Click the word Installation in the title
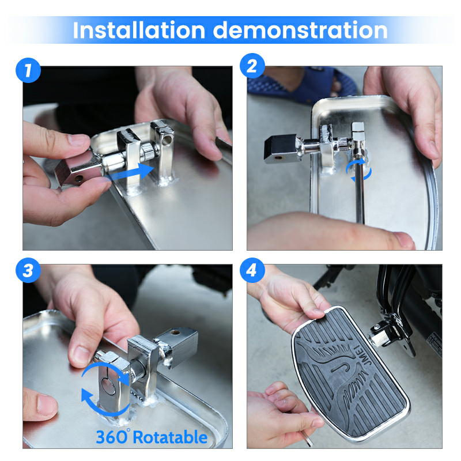pos(138,30)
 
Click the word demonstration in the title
pos(300,30)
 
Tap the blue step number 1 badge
pos(28,70)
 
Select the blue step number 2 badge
pos(252,66)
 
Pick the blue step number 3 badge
pos(28,270)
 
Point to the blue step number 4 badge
pos(252,270)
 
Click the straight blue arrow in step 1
pos(129,173)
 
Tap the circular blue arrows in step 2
pos(358,171)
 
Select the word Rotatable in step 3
pos(171,437)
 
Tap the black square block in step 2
pos(281,149)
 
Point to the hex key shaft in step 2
pos(360,194)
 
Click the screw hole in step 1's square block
pos(78,179)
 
